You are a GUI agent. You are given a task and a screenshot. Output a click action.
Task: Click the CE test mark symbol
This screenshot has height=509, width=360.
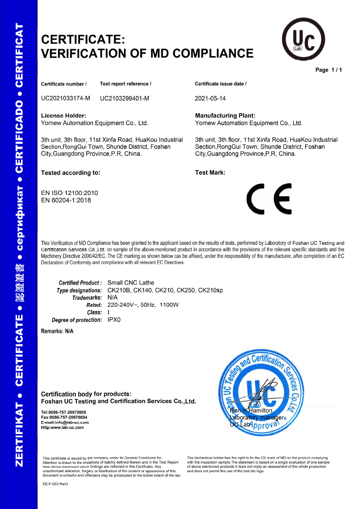click(x=269, y=198)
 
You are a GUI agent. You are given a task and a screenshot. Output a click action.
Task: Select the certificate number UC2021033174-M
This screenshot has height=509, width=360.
click(x=66, y=99)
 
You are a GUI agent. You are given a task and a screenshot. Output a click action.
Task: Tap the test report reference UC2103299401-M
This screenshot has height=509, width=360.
click(x=125, y=99)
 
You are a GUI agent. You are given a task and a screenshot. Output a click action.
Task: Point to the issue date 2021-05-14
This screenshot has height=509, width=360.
click(x=210, y=99)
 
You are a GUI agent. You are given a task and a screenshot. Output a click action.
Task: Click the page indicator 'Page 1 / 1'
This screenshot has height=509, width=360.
click(x=328, y=70)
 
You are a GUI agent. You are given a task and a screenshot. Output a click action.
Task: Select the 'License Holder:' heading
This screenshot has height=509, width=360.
click(x=64, y=116)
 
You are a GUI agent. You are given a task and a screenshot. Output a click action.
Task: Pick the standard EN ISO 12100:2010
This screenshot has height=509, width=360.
click(x=69, y=193)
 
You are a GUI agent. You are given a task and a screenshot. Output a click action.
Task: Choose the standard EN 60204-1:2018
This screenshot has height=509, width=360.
click(x=66, y=200)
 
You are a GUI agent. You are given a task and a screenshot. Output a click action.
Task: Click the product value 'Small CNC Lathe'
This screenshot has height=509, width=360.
click(x=131, y=283)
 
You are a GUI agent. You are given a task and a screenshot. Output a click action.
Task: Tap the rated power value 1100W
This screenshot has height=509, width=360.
click(x=169, y=305)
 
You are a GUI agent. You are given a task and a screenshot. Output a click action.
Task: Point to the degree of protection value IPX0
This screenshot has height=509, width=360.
click(x=114, y=320)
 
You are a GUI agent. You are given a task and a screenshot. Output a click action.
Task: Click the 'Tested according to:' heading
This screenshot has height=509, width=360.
click(x=71, y=173)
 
